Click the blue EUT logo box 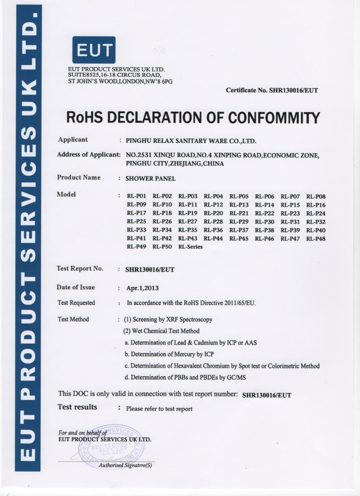coord(94,50)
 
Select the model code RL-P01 coord(136,197)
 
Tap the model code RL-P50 coord(162,247)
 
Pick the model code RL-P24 coord(316,214)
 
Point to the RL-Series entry coord(190,247)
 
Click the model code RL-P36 coord(213,230)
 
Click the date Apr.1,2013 coord(142,288)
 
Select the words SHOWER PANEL coord(150,178)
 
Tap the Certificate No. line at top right coord(271,90)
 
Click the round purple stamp coord(112,446)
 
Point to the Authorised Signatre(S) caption coord(125,465)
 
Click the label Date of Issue coord(76,287)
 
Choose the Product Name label coord(79,178)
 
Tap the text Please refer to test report coord(159,409)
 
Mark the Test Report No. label coord(80,269)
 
